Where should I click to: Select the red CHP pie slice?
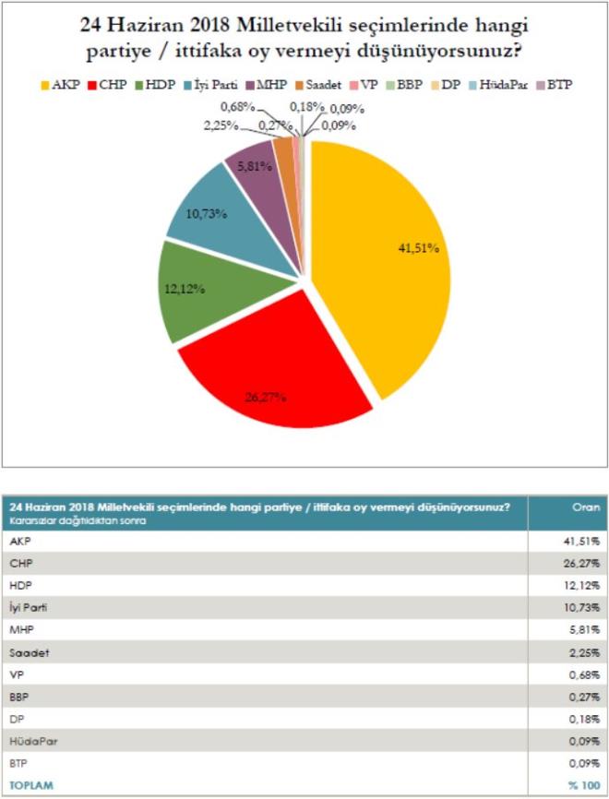[x=268, y=369]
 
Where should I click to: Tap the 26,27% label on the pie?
[x=266, y=398]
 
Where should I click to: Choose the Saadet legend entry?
[x=329, y=85]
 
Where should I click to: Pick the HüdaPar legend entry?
[x=497, y=85]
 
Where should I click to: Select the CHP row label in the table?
[x=19, y=563]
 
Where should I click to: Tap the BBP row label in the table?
[x=19, y=698]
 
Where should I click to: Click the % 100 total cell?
[x=582, y=786]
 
